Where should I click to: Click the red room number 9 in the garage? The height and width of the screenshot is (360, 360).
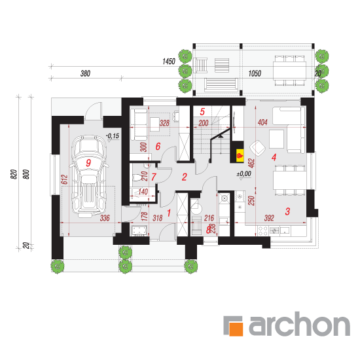[x=88, y=163]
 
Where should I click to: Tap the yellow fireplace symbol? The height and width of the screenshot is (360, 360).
[x=240, y=155]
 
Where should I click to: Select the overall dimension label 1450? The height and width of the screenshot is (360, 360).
[x=169, y=62]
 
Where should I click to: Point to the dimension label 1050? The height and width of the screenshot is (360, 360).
[x=255, y=73]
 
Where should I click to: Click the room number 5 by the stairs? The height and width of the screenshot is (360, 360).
[x=202, y=112]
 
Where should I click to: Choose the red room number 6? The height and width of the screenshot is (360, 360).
[x=158, y=146]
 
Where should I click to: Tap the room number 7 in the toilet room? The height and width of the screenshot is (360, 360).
[x=154, y=177]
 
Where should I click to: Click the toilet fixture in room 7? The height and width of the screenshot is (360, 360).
[x=138, y=177]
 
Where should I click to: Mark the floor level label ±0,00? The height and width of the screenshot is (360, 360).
[x=244, y=174]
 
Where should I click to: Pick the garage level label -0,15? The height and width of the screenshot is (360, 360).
[x=113, y=136]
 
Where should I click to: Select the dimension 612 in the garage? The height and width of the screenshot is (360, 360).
[x=65, y=179]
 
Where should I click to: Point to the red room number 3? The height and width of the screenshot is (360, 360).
[x=287, y=211]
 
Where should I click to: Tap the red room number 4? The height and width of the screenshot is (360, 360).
[x=274, y=158]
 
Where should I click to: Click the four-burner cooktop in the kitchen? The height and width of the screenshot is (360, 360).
[x=262, y=231]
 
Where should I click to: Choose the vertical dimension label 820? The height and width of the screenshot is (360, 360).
[x=14, y=174]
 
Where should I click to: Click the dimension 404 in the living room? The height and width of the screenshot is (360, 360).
[x=262, y=122]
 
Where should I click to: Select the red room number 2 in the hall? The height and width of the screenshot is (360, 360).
[x=184, y=177]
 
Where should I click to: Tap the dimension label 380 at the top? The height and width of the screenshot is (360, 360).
[x=85, y=73]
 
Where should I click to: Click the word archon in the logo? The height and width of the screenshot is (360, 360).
[x=299, y=324]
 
